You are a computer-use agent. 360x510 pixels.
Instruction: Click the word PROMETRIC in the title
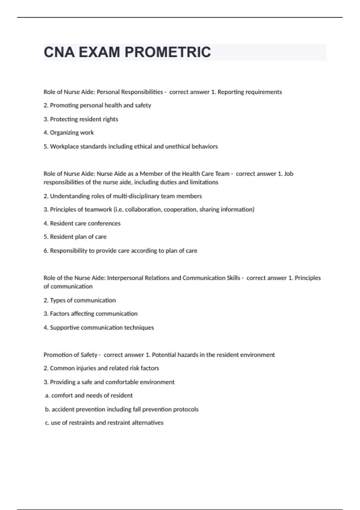coord(167,52)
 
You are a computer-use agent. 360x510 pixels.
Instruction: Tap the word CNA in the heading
coord(59,52)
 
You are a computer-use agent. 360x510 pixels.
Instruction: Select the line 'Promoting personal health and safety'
coord(97,105)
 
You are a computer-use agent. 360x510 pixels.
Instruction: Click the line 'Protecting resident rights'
coord(81,119)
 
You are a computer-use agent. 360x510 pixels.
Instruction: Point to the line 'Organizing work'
coord(69,133)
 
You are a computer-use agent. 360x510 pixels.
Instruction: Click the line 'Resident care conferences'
coord(82,223)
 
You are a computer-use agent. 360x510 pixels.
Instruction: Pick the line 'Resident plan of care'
coord(75,237)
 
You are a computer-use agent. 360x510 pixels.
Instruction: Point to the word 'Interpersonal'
coord(125,278)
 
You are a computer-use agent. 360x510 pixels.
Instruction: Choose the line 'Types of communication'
coord(79,300)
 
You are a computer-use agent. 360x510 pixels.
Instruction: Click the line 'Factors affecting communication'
coord(90,314)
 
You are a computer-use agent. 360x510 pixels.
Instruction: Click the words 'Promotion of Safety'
coord(70,355)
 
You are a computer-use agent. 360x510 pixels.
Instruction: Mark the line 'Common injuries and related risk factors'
coord(101,368)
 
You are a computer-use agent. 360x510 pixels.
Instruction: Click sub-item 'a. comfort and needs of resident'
coord(89,395)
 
